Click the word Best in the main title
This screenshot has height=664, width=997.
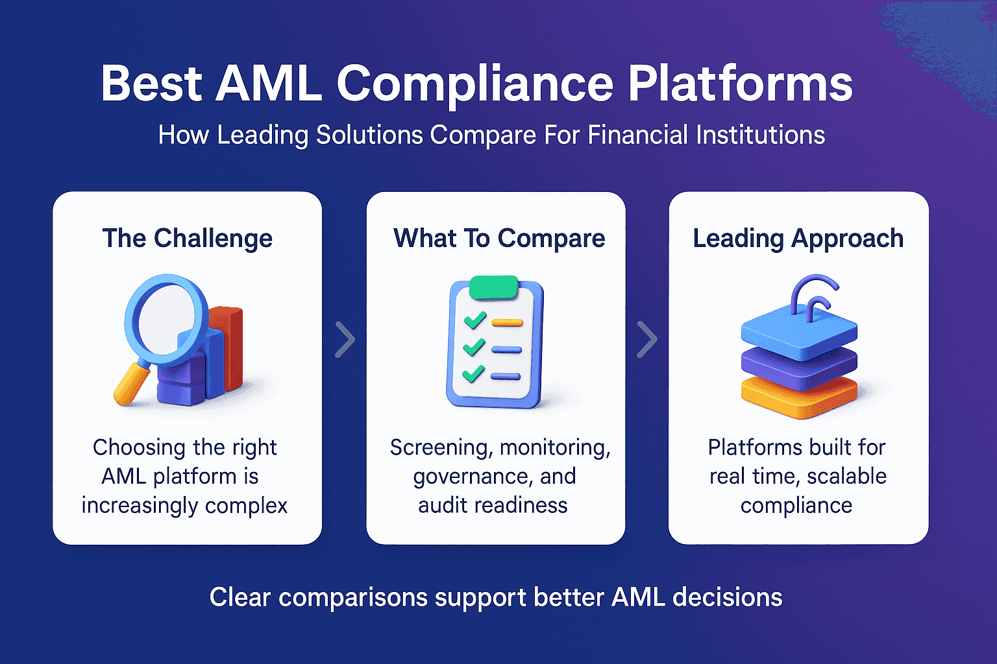tap(151, 84)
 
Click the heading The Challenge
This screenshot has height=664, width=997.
tap(187, 238)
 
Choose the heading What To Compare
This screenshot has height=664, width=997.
tap(498, 238)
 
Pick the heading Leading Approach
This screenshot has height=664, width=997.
tap(798, 238)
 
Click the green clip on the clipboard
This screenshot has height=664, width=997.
tap(493, 287)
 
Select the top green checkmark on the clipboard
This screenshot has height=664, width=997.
tap(474, 320)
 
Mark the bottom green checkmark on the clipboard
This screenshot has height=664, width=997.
tap(473, 373)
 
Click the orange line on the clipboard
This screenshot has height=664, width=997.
tap(507, 322)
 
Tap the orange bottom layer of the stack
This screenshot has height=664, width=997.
tap(798, 397)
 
